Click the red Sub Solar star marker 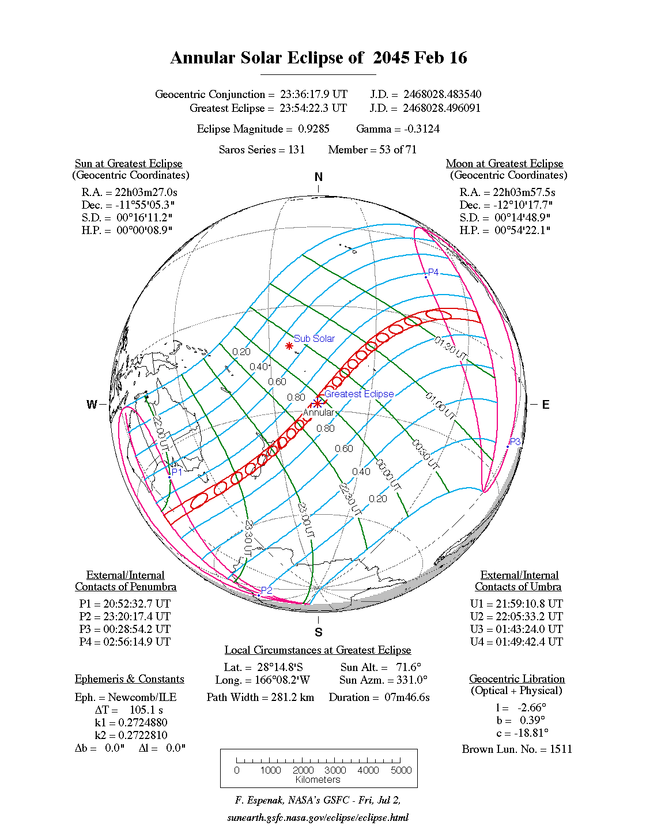coord(289,346)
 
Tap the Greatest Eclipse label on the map coord(359,394)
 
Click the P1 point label coord(177,472)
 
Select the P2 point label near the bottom coord(266,590)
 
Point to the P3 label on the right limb coord(515,442)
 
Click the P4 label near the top coord(433,272)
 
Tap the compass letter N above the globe coord(319,177)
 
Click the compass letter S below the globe coord(319,632)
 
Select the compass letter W coord(92,405)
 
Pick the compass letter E coord(545,405)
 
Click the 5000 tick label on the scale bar coord(401,770)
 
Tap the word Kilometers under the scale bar coord(318,780)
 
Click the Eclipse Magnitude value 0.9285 coord(313,129)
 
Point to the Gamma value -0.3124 coord(422,129)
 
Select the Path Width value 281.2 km coord(293,697)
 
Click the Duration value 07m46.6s coord(407,697)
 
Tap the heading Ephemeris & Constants coord(130,678)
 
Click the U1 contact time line coord(516,604)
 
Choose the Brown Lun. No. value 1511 coord(561,749)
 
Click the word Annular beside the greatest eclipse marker coord(319,412)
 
